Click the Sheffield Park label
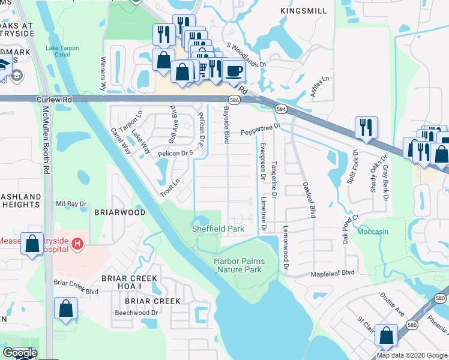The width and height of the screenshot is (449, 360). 217,229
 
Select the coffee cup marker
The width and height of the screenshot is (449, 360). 234,71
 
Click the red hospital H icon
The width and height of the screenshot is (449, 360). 77,244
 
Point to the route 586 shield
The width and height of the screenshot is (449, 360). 234,100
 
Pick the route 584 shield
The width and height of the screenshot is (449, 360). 281,109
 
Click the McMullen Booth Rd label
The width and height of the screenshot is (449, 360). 46,140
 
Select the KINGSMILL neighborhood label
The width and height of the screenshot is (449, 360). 303,11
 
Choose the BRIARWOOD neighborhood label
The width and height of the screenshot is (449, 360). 120,212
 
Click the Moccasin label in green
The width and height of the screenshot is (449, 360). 373,232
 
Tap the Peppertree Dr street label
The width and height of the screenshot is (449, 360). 261,128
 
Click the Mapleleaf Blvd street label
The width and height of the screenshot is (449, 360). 332,272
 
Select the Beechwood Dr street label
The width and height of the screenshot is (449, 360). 137,313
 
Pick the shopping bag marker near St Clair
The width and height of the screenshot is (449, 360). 387,335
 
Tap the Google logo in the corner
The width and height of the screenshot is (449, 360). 20,353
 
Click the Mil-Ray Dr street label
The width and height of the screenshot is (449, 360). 71,204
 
